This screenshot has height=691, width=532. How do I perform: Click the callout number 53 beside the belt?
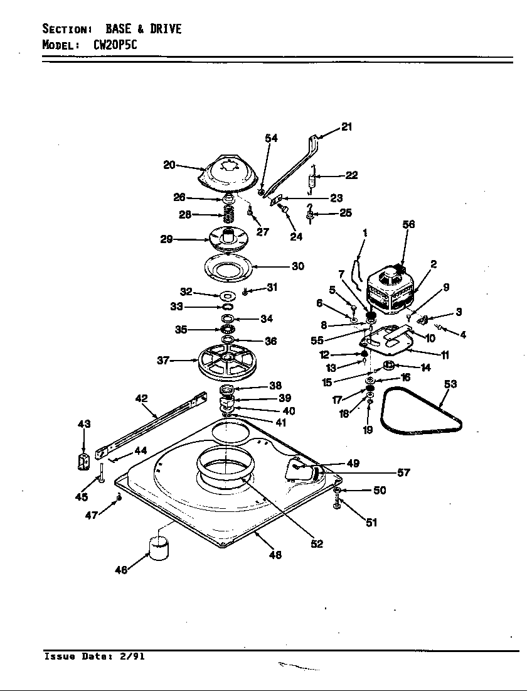(450, 384)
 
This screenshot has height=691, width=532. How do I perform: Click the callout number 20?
(169, 165)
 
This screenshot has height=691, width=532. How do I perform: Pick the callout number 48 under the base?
(275, 555)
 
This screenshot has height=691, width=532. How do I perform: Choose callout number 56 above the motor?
(408, 224)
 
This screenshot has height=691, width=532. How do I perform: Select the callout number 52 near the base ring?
(317, 544)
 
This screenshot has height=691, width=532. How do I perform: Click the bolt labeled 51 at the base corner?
(337, 503)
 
